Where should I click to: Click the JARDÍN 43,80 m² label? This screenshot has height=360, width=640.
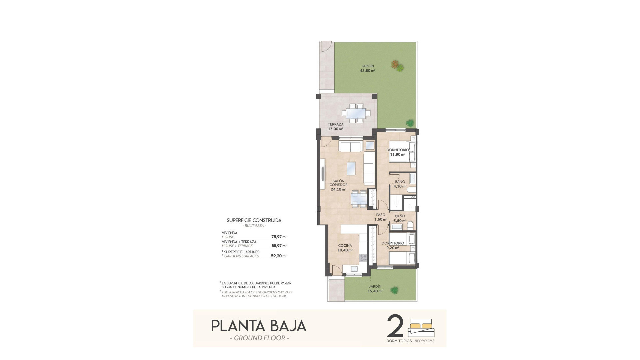coord(367,68)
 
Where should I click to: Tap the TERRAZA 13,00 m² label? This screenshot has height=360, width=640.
coord(335,127)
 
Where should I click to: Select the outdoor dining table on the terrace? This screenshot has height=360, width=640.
coord(356,113)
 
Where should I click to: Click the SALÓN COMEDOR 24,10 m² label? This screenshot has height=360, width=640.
coord(338,185)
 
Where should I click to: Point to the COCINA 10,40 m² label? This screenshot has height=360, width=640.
coord(345,248)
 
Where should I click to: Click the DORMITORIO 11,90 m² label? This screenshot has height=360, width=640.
coord(398,152)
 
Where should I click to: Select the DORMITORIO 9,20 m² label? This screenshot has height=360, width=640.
coord(393,245)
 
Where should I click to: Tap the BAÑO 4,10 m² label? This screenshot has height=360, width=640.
coord(400,184)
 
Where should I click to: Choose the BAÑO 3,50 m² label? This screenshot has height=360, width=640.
coord(400,218)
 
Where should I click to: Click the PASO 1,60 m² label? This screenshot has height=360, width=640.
coord(381,217)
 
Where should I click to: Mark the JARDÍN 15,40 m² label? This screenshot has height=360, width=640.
coord(375,289)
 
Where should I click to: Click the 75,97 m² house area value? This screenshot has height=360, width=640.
coord(279,237)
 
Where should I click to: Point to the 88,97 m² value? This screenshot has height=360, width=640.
coord(279,246)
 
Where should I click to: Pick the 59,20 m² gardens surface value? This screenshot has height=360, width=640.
coord(279,256)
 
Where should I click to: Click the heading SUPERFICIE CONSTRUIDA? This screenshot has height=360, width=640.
coord(254,220)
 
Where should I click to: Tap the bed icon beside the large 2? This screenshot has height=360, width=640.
coord(422,328)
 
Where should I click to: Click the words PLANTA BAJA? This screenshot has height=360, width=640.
coord(259,326)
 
